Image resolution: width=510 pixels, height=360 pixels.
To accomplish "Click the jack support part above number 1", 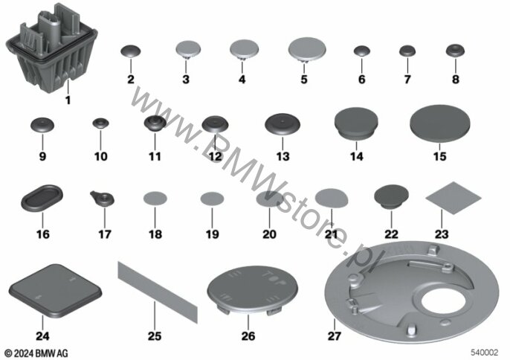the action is coord(52,49).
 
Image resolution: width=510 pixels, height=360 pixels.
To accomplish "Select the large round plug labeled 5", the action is coord(307,50).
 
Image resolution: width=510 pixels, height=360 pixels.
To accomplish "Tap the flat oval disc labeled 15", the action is coord(440,123).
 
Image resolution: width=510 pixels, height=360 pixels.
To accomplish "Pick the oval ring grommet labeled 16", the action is coord(42,198).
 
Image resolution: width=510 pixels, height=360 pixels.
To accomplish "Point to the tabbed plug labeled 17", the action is coord(103,199).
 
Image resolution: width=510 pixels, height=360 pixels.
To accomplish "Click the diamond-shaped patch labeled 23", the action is coord(453,198).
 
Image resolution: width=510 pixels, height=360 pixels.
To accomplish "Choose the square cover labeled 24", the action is coord(55,291).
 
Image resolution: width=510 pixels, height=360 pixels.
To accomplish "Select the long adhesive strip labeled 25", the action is coord(158,292).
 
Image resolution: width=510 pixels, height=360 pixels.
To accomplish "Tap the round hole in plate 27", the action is coord(442,300).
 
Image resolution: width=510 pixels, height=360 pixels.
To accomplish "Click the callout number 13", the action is coord(283,156).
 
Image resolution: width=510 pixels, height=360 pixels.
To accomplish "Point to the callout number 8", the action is coord(455,79).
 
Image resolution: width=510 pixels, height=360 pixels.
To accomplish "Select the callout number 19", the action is coord(213,234).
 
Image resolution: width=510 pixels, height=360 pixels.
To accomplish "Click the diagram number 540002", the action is coord(485,353).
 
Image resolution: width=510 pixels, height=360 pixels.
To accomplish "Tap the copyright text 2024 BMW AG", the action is coord(36,353).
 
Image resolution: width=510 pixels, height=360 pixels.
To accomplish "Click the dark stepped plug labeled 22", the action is coord(391,196).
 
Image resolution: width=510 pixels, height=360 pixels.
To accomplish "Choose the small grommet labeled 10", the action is coord(100,123).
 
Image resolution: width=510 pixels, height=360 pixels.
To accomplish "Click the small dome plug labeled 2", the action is coord(131,51).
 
